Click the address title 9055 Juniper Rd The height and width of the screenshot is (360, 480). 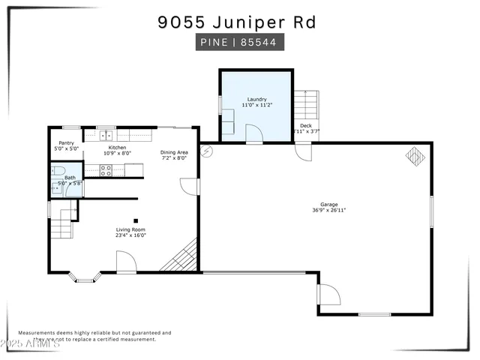pos(237,22)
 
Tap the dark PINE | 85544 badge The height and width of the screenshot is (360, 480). pos(237,43)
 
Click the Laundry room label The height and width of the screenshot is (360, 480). pos(256,99)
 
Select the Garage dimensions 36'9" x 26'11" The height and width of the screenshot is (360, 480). pos(328,210)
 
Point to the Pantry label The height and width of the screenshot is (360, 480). pos(66,143)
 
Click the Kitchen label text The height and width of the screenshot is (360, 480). pos(117,148)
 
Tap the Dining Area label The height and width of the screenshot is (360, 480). pos(174,152)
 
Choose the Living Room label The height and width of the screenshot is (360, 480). pos(130,229)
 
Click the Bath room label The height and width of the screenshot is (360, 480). pos(70,178)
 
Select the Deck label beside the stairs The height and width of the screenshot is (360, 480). pos(305,125)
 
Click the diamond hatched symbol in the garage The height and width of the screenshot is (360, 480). pos(415,154)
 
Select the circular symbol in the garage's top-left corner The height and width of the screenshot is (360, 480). pos(207,150)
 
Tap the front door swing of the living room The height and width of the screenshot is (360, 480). pos(125,262)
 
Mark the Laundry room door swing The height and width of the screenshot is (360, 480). pos(254,133)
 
